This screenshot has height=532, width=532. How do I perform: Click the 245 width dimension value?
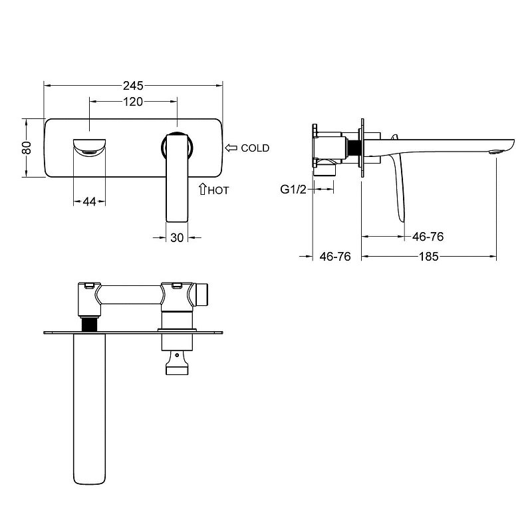tap(133, 86)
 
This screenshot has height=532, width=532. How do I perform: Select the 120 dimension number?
tap(132, 102)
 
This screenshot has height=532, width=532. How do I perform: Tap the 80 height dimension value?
tap(27, 148)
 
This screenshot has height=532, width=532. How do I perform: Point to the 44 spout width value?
tap(89, 202)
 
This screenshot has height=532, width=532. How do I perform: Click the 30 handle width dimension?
tap(177, 238)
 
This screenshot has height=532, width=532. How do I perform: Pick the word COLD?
tap(255, 148)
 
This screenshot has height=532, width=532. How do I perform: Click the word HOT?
tap(219, 191)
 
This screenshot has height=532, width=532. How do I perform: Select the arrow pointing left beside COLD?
tap(231, 148)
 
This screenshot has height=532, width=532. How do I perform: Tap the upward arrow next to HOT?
tap(203, 189)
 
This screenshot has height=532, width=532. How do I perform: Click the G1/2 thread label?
tap(293, 190)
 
